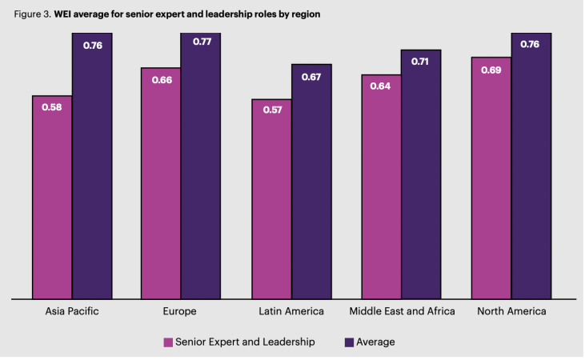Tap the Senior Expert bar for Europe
coord(161,184)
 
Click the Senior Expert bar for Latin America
coord(271,199)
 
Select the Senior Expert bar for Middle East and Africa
coord(381,187)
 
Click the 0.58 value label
coord(52,107)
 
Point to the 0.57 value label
coord(271,110)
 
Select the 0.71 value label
coord(421,61)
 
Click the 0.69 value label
coord(491,70)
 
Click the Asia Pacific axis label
coord(73,311)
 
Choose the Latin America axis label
coord(291,311)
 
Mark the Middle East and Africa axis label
coord(403,311)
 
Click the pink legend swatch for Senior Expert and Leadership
coord(169,342)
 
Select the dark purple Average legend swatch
coord(349,342)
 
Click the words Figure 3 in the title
coord(32,14)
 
